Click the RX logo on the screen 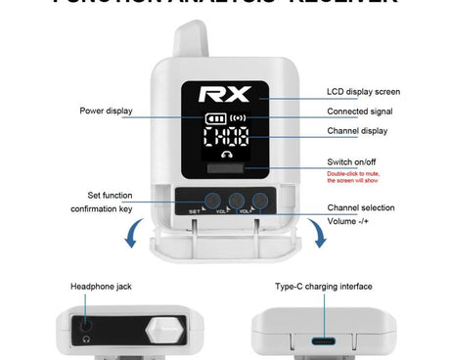pos(225,94)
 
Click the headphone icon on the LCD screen pos(227,154)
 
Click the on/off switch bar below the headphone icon pos(227,169)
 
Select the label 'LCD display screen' pos(363,92)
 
